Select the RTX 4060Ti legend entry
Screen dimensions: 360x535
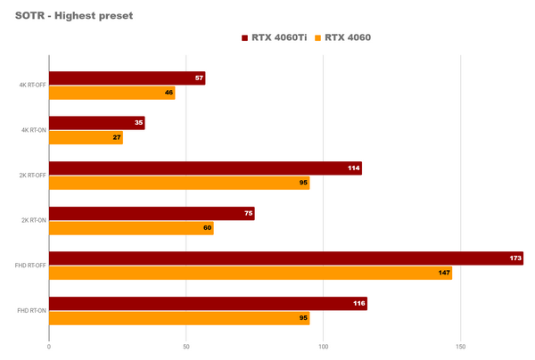(x=276, y=37)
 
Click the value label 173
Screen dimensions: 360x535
(x=515, y=258)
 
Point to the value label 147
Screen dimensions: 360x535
(x=443, y=273)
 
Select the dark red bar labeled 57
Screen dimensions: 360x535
(x=127, y=78)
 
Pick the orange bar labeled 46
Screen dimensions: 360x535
(x=111, y=93)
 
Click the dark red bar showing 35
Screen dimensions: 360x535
(x=96, y=123)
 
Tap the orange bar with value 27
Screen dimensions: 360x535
(x=86, y=137)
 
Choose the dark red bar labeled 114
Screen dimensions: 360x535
(x=205, y=168)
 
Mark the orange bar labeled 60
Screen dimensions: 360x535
(x=131, y=228)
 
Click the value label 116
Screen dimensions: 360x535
(x=358, y=304)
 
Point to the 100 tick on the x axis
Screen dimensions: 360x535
(x=324, y=346)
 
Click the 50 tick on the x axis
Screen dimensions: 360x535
(x=186, y=346)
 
